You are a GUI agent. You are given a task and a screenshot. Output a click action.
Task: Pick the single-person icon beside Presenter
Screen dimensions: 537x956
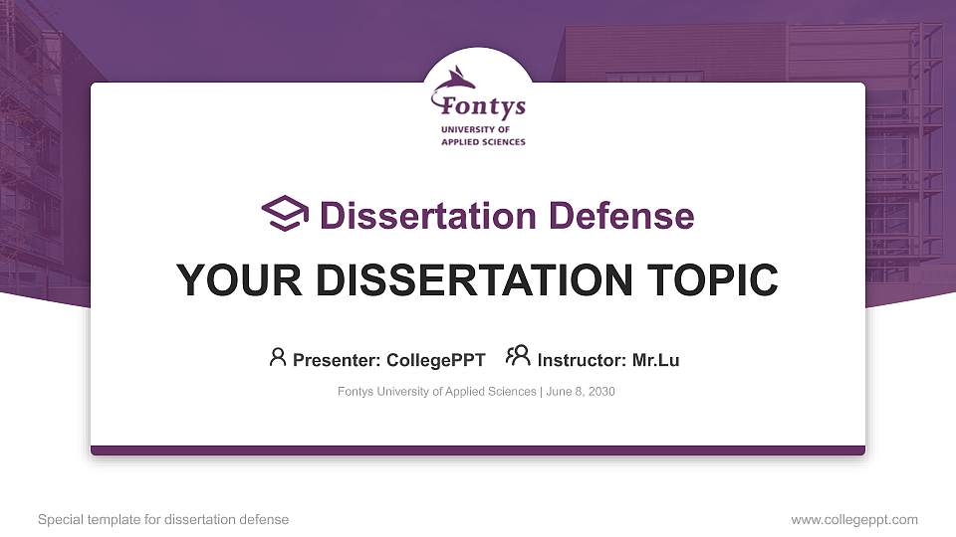pos(278,357)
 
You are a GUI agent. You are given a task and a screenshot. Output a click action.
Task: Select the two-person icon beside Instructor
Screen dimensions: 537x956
pos(518,356)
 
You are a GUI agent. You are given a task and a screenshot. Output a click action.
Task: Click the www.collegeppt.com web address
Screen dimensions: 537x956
pos(854,519)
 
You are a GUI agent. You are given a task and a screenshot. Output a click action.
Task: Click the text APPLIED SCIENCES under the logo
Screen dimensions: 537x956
pos(483,142)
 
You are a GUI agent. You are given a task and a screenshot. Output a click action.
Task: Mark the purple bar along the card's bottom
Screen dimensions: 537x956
pos(478,450)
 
